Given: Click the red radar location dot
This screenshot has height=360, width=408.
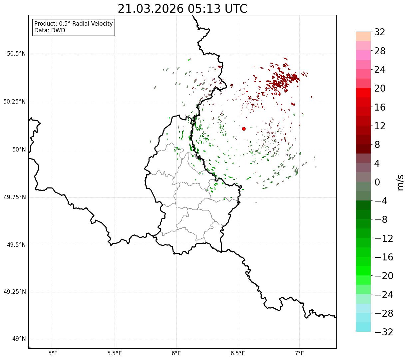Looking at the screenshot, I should [244, 129].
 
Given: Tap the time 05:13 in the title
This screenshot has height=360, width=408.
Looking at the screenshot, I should [204, 9].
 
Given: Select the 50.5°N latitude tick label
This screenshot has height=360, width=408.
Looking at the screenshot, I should [16, 54].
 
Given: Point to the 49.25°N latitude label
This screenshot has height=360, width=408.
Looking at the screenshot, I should [15, 292].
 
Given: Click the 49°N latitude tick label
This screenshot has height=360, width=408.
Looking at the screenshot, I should [19, 339].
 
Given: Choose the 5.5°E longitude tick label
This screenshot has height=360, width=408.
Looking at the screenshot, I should [115, 353].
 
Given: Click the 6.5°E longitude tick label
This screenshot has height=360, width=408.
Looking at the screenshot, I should [238, 353].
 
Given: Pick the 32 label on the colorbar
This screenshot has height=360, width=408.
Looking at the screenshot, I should [380, 32].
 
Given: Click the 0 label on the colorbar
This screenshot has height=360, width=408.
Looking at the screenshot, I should [377, 182].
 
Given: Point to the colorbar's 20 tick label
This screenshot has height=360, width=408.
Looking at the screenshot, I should [380, 88].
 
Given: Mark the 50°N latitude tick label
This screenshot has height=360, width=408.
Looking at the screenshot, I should [19, 150].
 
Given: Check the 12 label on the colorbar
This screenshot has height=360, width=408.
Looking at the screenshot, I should [380, 126].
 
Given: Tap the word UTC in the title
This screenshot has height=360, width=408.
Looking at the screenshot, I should [236, 9].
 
